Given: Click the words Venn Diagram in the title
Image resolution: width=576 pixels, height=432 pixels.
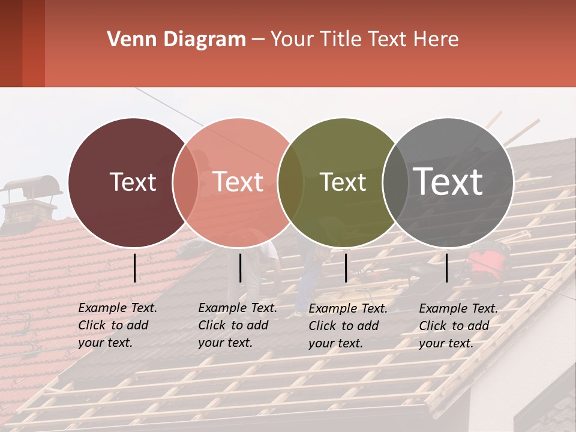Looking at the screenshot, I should (x=176, y=40).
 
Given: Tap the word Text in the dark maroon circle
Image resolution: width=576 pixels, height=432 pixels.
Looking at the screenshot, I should (x=133, y=182).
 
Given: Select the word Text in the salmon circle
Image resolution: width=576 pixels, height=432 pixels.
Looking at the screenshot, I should (x=238, y=182).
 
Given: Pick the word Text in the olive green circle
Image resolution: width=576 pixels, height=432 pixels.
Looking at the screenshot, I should (x=343, y=182).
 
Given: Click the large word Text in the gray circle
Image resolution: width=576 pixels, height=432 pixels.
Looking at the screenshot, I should (x=448, y=181).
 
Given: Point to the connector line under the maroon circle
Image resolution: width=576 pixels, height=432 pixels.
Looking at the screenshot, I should (x=134, y=268).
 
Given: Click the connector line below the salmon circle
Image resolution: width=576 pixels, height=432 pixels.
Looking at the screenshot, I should (x=240, y=268).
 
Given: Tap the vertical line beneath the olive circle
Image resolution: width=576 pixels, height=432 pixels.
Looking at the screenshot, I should (x=346, y=268).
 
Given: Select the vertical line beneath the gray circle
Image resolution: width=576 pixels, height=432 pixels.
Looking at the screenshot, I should (x=447, y=268).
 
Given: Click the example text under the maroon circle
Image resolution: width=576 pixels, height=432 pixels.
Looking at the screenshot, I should (x=118, y=325).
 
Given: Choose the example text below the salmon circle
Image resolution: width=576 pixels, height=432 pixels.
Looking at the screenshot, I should (x=238, y=325).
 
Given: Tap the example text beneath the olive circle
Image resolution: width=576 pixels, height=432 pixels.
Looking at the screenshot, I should (x=348, y=326).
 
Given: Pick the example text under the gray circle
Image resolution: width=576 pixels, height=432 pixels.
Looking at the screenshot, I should (x=458, y=326).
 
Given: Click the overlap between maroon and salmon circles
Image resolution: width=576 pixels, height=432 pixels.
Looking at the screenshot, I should (x=185, y=182).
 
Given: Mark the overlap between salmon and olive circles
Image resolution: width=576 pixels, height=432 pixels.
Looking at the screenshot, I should (x=290, y=182).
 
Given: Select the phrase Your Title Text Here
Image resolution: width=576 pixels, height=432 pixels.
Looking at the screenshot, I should (x=364, y=40).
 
